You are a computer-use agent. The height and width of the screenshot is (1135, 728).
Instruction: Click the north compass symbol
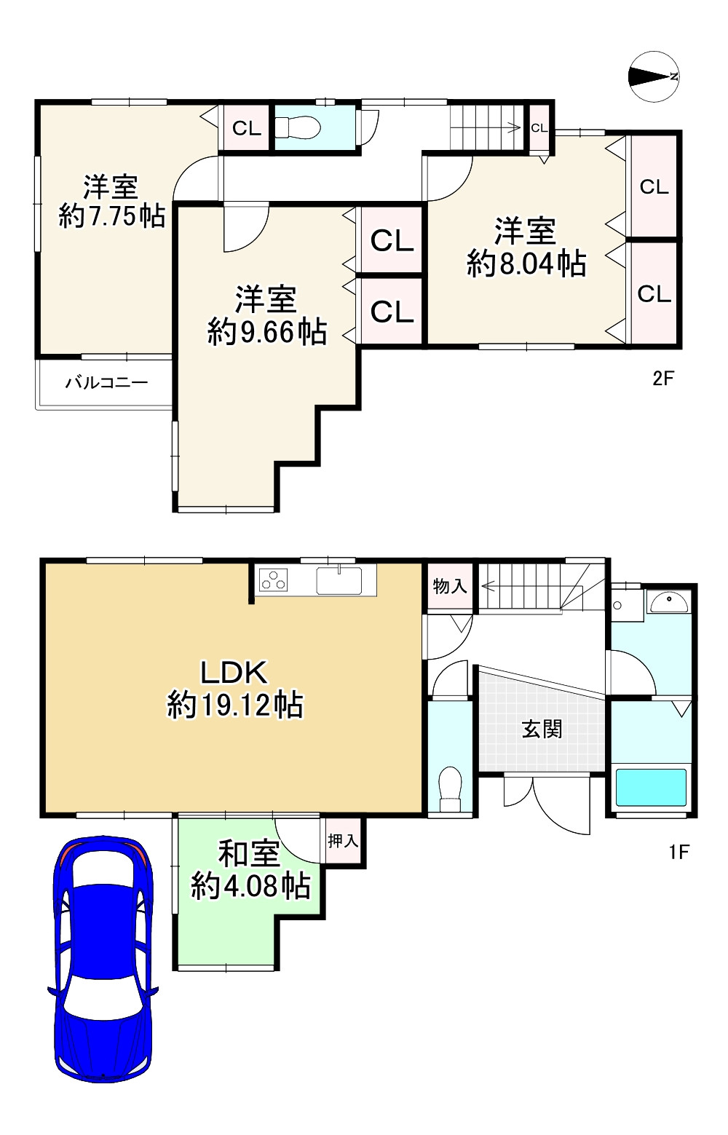(x=654, y=76)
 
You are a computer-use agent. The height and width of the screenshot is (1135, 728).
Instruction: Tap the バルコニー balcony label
(x=106, y=382)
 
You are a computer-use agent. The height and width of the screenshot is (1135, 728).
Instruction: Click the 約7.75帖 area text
(x=111, y=216)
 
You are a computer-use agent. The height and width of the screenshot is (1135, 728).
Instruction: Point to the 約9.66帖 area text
(x=266, y=332)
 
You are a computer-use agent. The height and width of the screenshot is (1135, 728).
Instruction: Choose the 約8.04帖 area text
(x=526, y=264)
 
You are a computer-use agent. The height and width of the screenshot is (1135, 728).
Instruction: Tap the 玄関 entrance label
(x=542, y=729)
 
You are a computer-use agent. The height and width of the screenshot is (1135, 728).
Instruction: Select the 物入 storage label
(x=449, y=586)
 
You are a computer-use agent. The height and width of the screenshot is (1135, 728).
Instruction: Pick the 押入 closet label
(x=342, y=841)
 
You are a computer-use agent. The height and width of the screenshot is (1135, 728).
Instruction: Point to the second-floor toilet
(x=298, y=128)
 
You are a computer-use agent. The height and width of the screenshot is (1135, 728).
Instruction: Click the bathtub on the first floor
(x=652, y=787)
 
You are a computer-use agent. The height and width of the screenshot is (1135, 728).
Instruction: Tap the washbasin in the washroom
(x=669, y=603)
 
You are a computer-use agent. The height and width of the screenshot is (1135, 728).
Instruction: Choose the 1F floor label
(x=678, y=852)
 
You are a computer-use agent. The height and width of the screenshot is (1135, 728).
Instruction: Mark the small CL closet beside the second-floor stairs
(x=539, y=128)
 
